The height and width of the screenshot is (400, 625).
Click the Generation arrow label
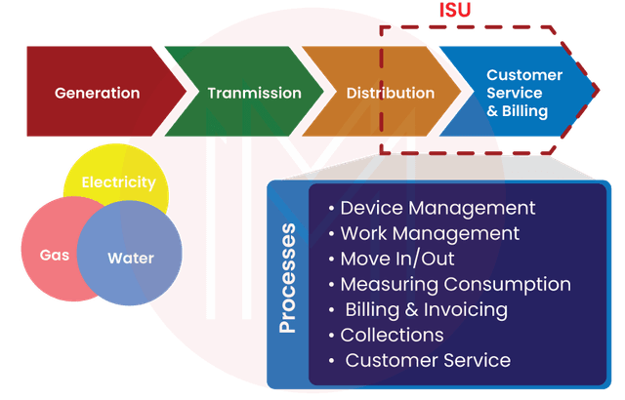(x=97, y=94)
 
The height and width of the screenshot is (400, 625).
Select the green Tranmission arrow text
(x=254, y=94)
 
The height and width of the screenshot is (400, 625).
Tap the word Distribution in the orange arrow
(x=391, y=94)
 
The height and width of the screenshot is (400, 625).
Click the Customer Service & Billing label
(x=523, y=93)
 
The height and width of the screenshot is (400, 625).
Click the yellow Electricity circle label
(x=118, y=182)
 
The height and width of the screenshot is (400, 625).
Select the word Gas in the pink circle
(x=54, y=256)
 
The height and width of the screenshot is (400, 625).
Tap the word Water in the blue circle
(x=130, y=259)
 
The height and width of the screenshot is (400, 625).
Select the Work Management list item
(x=429, y=233)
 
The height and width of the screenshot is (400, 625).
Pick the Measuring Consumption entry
(x=454, y=284)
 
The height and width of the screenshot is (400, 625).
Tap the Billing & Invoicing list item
(x=425, y=309)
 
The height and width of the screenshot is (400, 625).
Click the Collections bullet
(x=391, y=335)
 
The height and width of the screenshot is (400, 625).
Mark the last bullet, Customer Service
(x=427, y=360)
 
